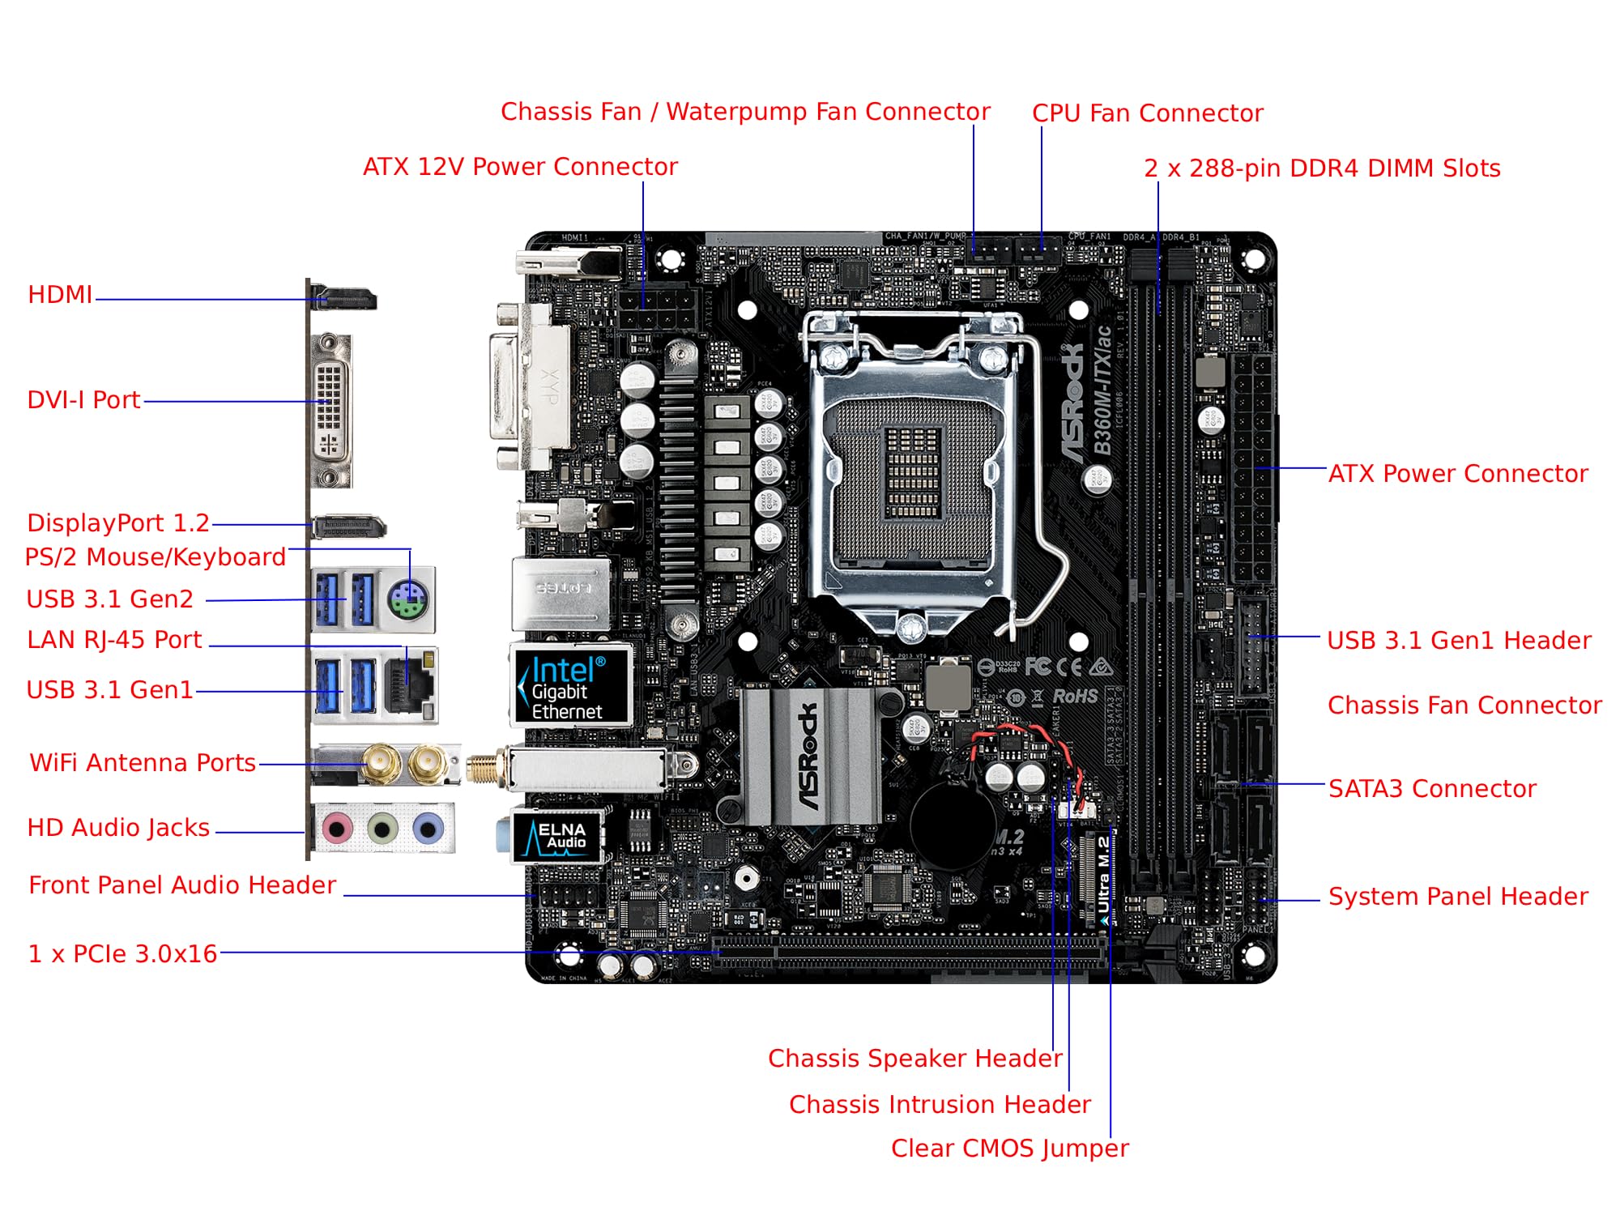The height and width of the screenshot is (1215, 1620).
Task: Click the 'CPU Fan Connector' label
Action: point(1147,113)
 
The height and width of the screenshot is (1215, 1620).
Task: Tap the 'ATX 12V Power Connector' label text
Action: point(520,167)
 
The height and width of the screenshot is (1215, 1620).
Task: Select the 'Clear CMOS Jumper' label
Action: point(1009,1148)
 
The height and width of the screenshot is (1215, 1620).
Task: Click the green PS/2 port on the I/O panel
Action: point(408,601)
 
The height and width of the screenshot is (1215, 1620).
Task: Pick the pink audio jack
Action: point(337,829)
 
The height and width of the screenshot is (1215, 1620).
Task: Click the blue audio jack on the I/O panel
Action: point(428,829)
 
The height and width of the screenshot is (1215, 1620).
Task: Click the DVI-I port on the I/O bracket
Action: point(331,410)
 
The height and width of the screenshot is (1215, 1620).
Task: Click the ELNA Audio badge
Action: point(557,837)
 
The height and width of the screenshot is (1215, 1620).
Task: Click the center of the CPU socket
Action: point(913,474)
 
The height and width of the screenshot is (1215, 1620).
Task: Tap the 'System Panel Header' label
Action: point(1458,897)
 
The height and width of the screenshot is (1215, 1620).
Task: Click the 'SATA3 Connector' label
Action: point(1432,789)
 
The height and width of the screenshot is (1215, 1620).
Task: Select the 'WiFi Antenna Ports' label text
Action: point(143,763)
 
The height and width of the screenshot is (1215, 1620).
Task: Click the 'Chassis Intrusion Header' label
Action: point(940,1104)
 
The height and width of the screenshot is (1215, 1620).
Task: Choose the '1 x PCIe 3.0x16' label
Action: point(122,954)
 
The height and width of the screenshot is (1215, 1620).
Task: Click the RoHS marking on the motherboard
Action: point(1075,697)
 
